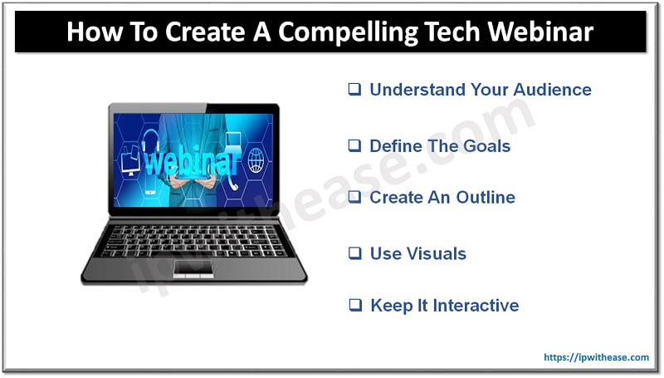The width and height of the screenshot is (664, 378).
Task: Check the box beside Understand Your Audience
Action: (354, 90)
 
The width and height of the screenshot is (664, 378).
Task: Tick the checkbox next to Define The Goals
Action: (354, 146)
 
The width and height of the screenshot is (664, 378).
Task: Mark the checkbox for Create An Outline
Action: (354, 198)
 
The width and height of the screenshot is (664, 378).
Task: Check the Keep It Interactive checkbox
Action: (354, 306)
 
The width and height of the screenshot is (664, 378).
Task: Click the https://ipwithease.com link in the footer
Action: (596, 357)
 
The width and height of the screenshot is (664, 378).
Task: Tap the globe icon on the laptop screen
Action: (256, 159)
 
